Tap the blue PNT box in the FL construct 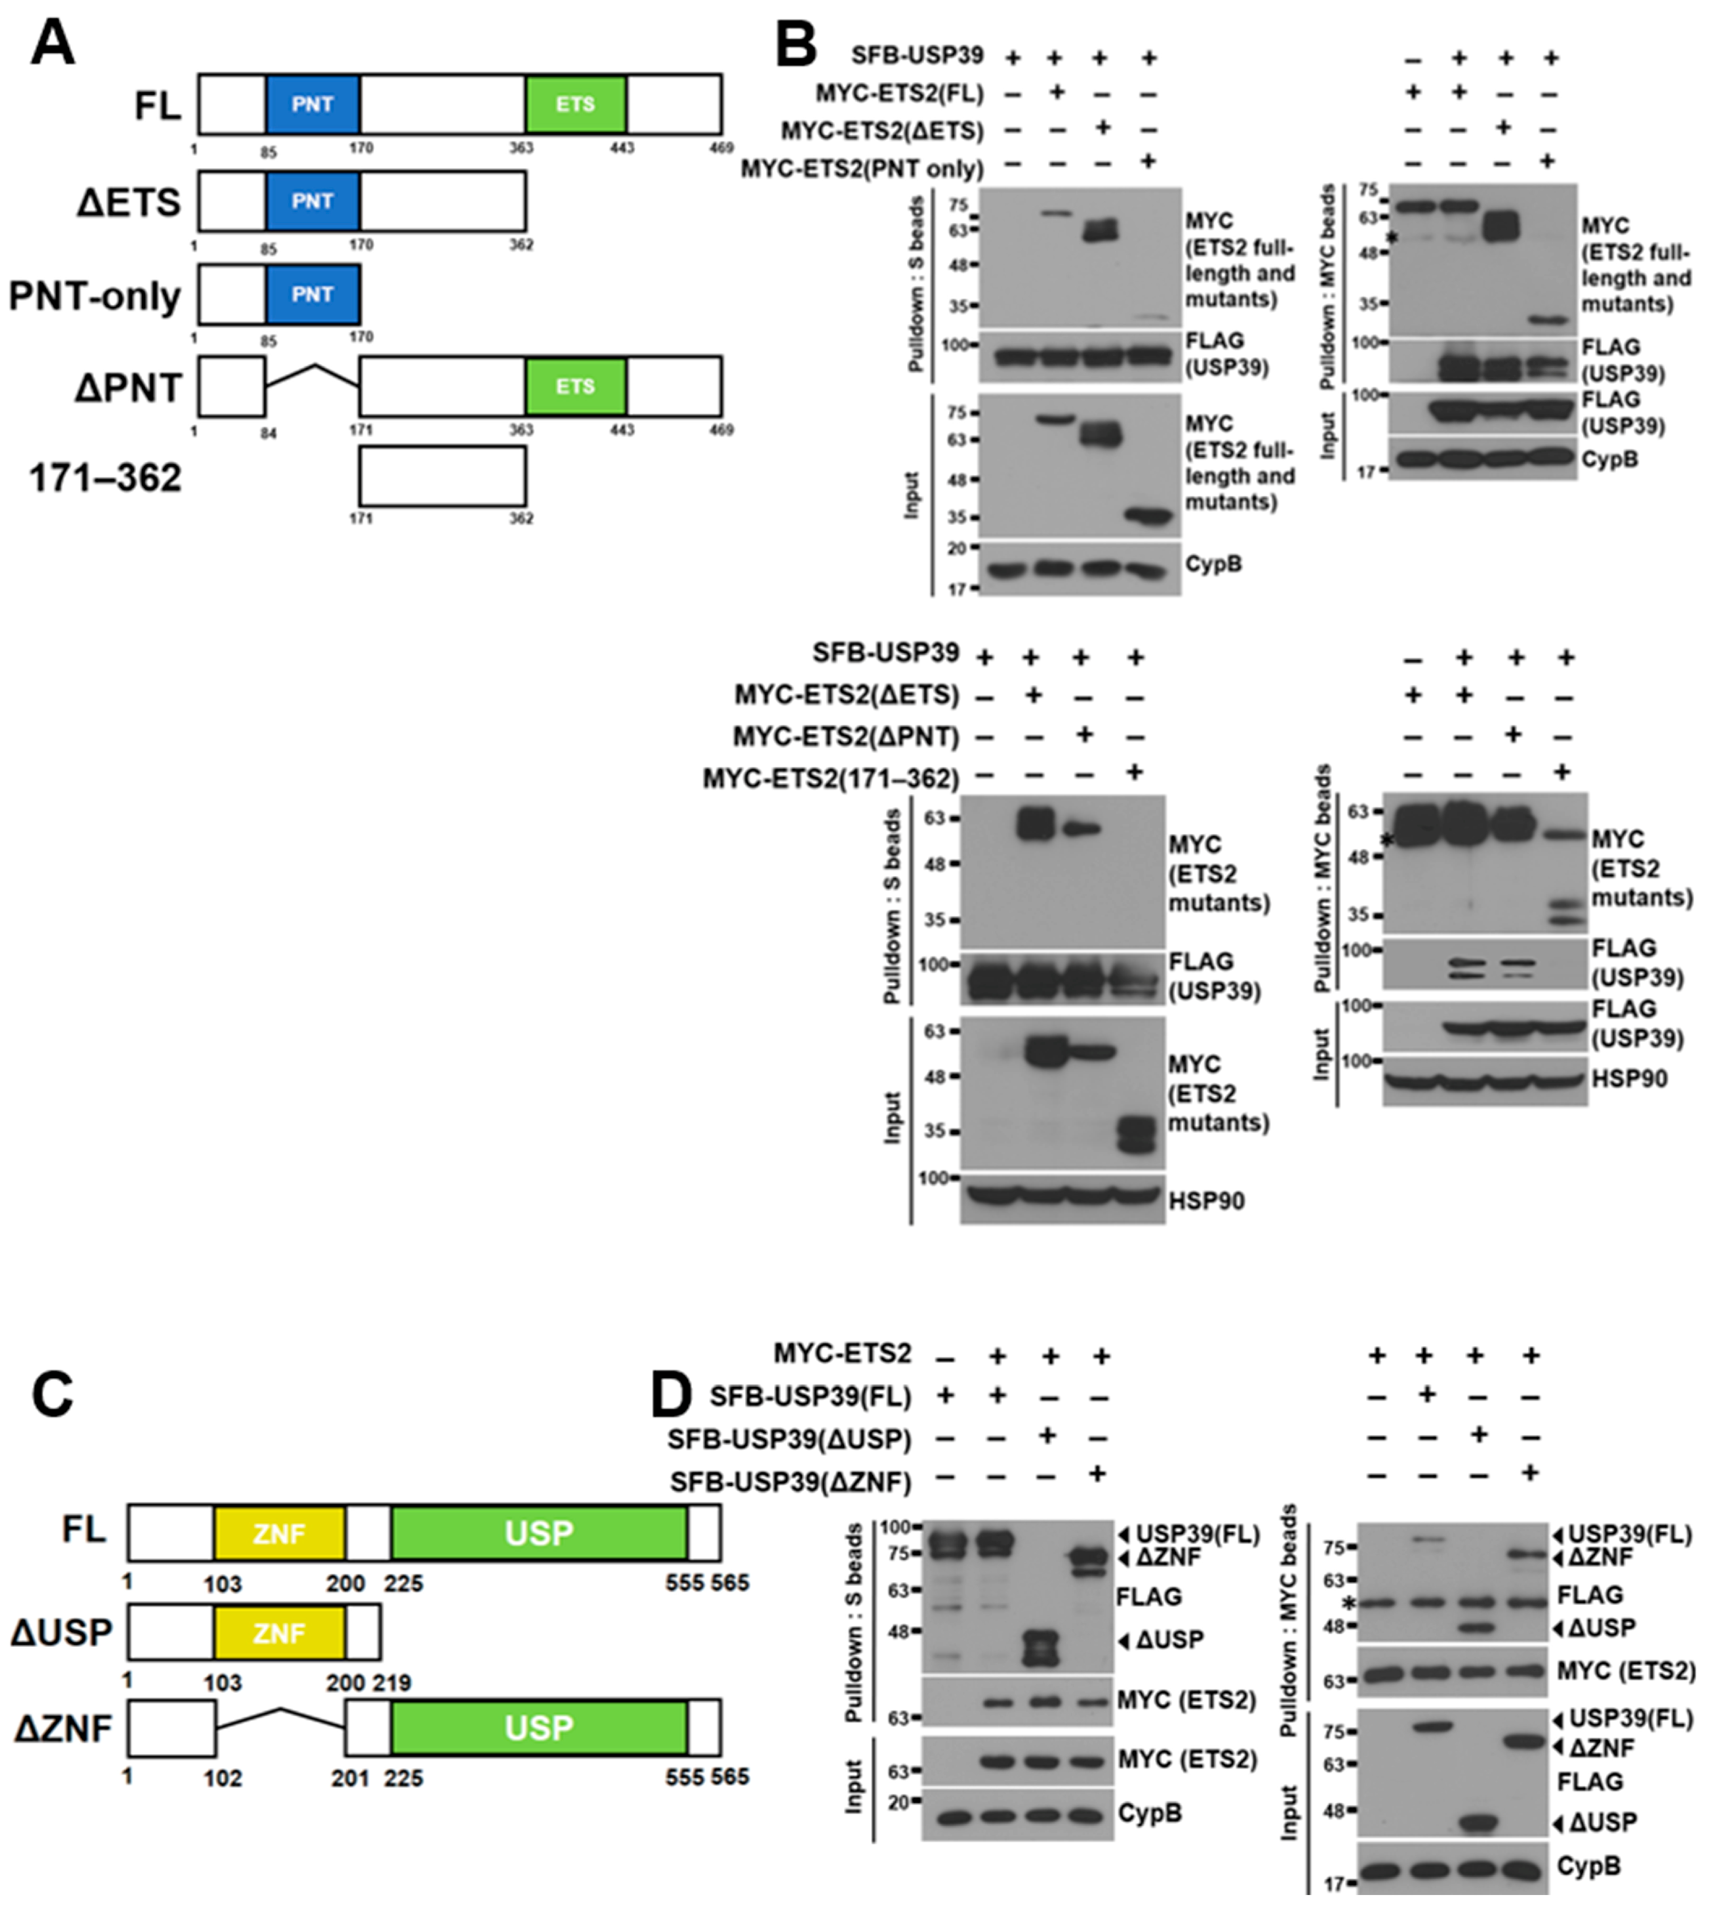pos(312,104)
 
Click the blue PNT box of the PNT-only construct pos(312,294)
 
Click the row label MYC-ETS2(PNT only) pos(862,169)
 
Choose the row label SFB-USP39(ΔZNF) pos(790,1483)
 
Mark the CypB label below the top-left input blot pos(1213,564)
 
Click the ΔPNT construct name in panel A pos(128,388)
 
